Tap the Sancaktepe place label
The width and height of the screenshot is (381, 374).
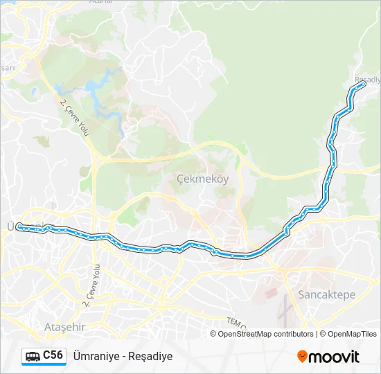coord(326,294)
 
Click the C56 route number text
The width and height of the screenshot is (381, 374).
coord(53,355)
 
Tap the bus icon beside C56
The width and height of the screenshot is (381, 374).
coord(32,356)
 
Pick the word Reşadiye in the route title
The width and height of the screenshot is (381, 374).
coord(150,356)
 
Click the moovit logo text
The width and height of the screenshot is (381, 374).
coord(334,356)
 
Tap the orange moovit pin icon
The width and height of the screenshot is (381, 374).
coord(302,356)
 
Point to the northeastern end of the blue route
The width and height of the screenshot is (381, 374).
coord(362,84)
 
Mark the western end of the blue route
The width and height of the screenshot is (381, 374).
coord(19,226)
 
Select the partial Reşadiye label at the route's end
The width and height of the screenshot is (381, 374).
coord(367,80)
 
